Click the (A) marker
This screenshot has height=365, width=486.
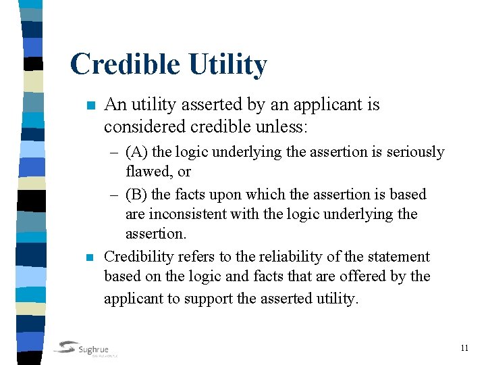point(137,152)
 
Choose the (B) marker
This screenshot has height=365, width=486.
point(137,195)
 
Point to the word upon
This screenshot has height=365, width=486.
point(216,195)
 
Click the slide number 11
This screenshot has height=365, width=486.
point(464,348)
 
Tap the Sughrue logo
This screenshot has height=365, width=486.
point(86,349)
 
